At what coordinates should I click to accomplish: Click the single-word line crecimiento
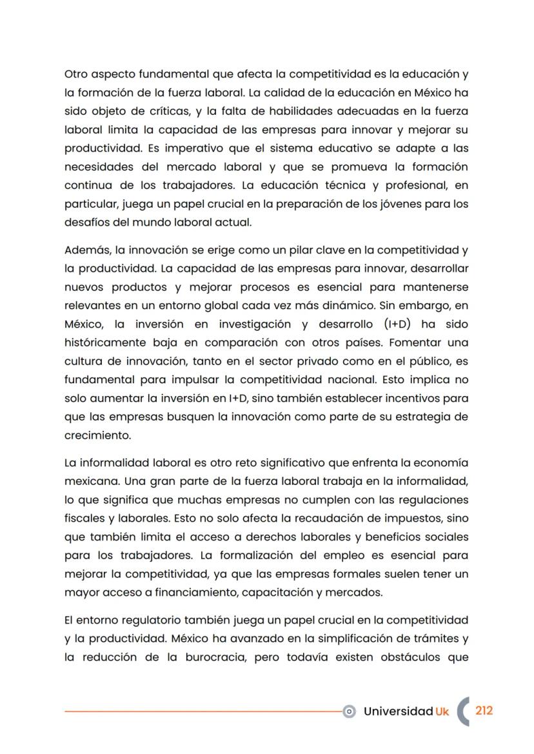[x=97, y=435]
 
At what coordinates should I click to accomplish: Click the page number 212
[x=484, y=710]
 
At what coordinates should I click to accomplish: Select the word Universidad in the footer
[x=397, y=711]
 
